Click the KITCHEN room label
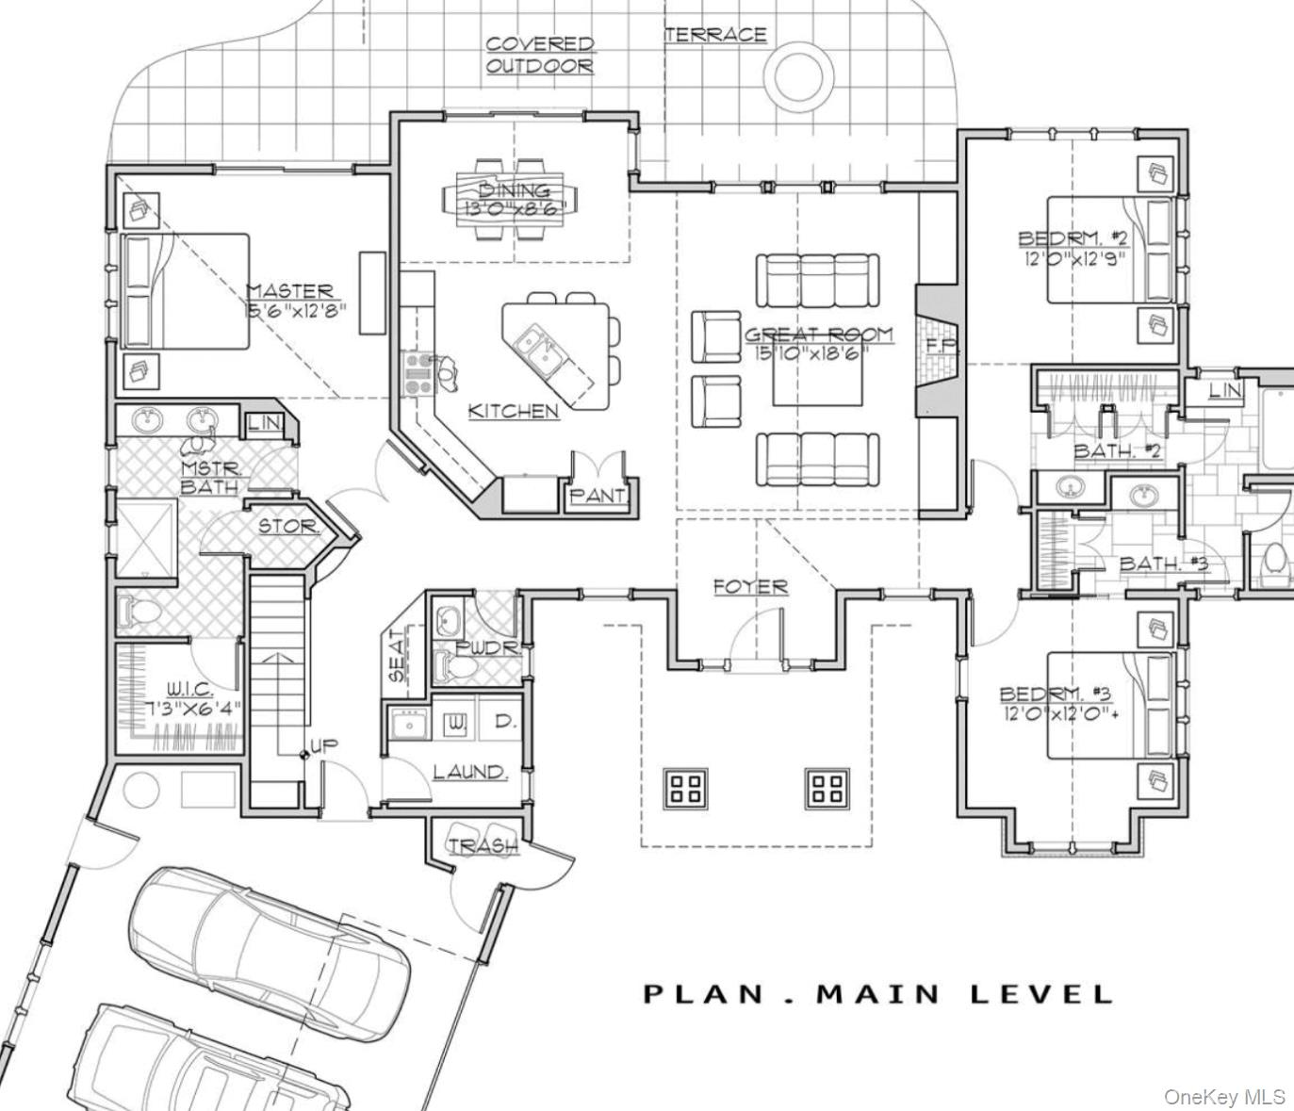(x=513, y=411)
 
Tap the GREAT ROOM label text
(x=818, y=335)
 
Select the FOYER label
(x=750, y=586)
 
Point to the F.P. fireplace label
(x=940, y=345)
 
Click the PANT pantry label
(x=597, y=495)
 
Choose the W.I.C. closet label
(x=188, y=691)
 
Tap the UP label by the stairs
(x=323, y=745)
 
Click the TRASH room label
(x=483, y=846)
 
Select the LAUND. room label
(x=469, y=772)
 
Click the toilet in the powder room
(x=457, y=667)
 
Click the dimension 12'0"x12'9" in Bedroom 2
(x=1074, y=257)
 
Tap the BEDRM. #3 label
(x=1055, y=694)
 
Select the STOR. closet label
(x=288, y=526)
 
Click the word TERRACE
(x=715, y=35)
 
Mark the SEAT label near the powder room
(x=397, y=654)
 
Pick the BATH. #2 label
(x=1117, y=450)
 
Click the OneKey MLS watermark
(x=1223, y=1096)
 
